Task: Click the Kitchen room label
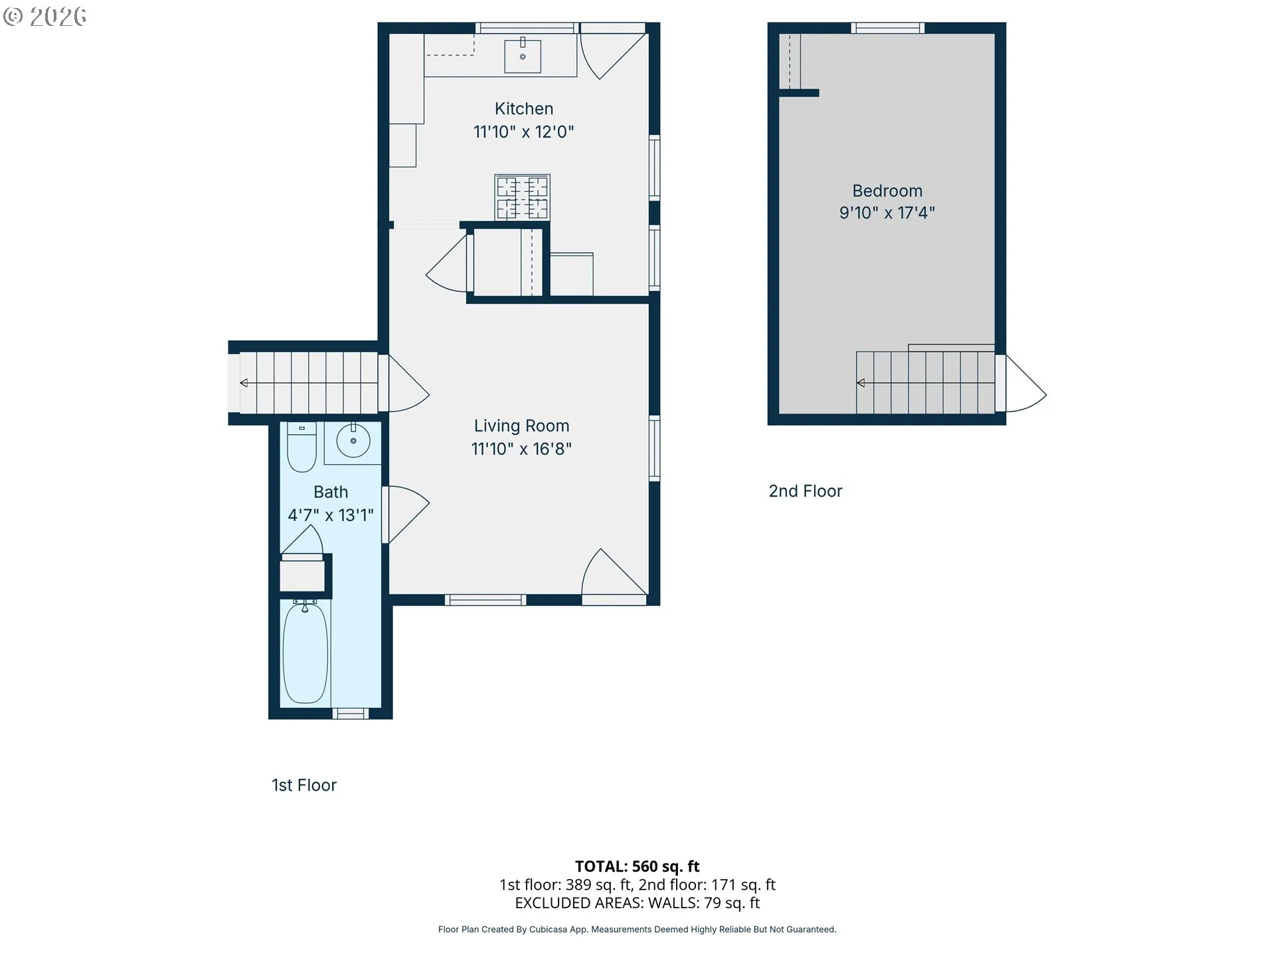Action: pos(524,109)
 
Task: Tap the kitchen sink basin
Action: pos(523,56)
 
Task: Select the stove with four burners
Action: pos(522,197)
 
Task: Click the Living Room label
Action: pos(521,426)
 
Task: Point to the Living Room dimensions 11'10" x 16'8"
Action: pos(521,449)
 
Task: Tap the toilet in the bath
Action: pos(301,447)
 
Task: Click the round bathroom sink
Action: pos(353,440)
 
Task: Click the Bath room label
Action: pos(331,492)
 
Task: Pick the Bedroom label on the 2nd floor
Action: pos(887,191)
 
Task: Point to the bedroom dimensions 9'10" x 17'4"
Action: pos(887,213)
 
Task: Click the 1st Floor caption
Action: pos(304,785)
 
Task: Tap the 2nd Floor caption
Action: pos(806,491)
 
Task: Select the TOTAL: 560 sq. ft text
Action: pos(637,866)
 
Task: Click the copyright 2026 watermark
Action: pos(44,16)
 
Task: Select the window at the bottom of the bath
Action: pos(349,714)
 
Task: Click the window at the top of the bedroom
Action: pos(888,28)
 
